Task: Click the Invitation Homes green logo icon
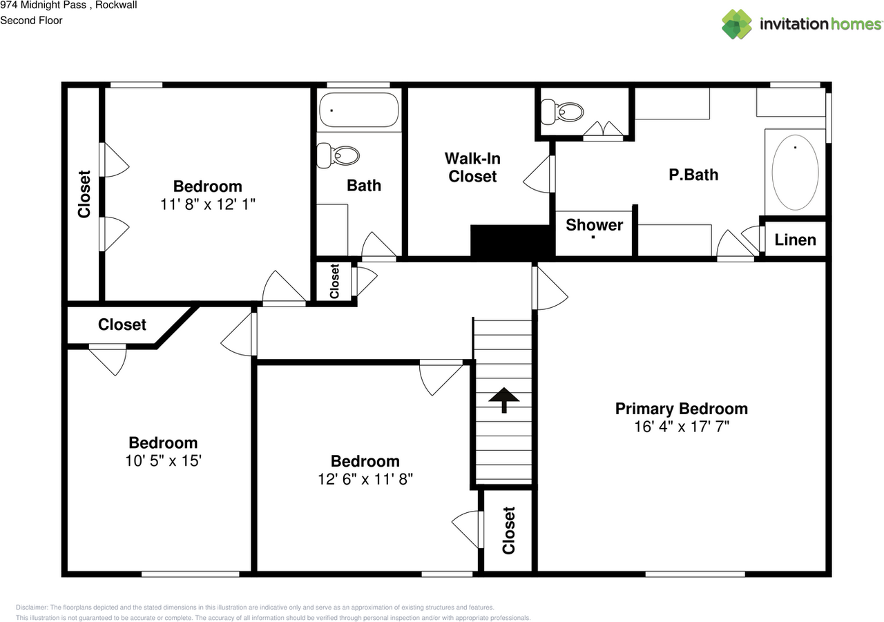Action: (736, 24)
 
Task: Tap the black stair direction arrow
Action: (504, 400)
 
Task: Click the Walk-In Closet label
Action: (472, 168)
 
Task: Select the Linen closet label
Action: (795, 240)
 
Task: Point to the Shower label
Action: (595, 225)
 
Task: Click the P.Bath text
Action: (693, 175)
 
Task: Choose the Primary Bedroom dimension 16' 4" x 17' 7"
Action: (682, 427)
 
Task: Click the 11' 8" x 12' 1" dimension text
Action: (208, 204)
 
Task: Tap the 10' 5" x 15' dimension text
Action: (164, 460)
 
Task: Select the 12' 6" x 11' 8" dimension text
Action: (365, 479)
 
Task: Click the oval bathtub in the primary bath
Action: (795, 173)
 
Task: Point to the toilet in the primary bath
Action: (562, 112)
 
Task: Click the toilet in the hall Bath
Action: (338, 156)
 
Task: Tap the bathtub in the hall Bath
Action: (358, 110)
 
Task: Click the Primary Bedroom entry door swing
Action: (550, 288)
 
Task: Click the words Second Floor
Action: (31, 21)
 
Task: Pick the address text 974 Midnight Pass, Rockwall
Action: (68, 5)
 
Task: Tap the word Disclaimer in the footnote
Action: (32, 608)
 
